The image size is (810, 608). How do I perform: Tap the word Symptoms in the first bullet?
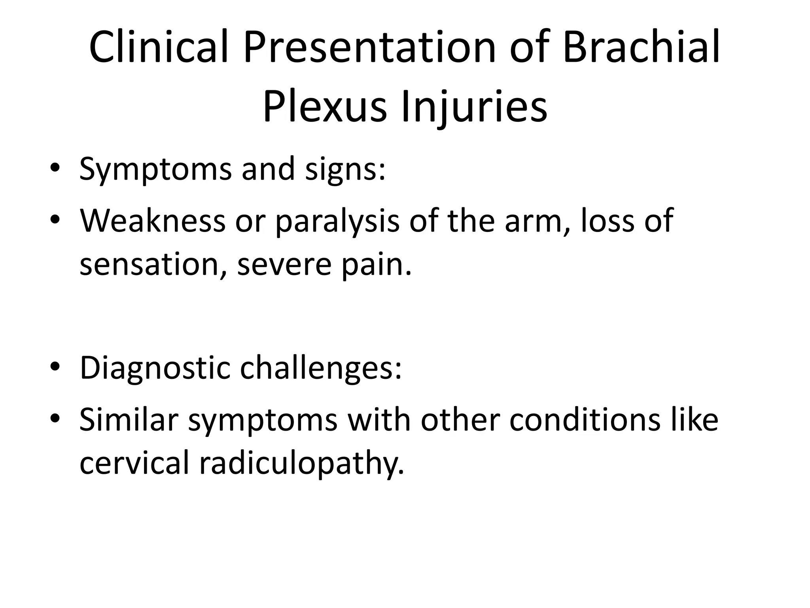155,169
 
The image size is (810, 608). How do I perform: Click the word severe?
284,264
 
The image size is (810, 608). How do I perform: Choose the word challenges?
321,368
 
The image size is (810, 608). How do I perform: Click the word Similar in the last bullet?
129,419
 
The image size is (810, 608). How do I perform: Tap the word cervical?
134,463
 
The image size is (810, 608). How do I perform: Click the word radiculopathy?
302,464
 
